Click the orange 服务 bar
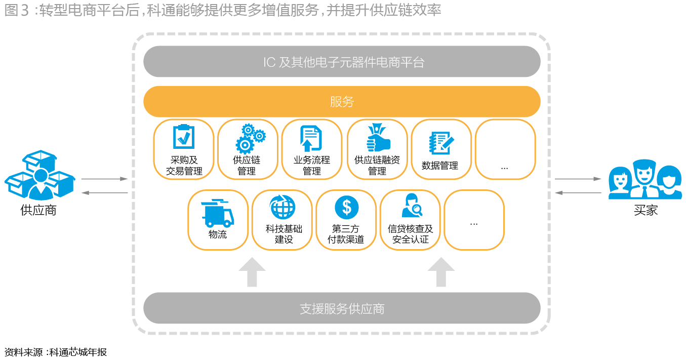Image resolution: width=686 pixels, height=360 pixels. point(342,101)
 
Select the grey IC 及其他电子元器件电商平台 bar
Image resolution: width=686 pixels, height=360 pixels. point(342,62)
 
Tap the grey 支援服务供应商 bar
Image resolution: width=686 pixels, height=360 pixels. point(342,308)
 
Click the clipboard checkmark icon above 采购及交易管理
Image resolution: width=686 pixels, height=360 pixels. point(184,137)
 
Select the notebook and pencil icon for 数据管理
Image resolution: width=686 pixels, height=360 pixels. point(441,143)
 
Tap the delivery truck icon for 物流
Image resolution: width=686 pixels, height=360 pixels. point(218,213)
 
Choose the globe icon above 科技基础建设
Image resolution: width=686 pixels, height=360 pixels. point(283,207)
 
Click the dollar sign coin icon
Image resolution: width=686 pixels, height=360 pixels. point(347,208)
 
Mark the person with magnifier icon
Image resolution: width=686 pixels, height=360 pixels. point(412,205)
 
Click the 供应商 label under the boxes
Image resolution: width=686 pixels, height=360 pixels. point(38,210)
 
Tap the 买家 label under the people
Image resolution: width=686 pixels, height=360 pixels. point(646,210)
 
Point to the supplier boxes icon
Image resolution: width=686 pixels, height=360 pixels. point(40,175)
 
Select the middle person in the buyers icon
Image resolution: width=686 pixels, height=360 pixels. point(644,178)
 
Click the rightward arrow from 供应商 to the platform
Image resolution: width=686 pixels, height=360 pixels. point(104,179)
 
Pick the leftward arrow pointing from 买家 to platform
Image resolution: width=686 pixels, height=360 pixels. point(578,193)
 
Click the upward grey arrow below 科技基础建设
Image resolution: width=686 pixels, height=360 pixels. point(252,272)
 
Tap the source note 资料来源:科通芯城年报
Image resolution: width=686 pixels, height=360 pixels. point(55,352)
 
